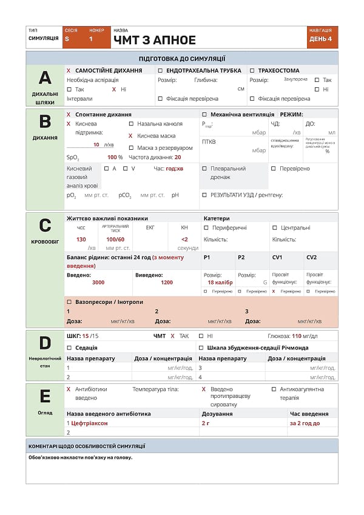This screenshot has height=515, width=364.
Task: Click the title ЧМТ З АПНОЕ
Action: click(155, 41)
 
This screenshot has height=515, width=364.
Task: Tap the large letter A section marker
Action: click(45, 78)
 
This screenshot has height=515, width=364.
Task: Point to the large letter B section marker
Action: click(45, 121)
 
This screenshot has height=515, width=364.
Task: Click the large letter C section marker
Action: click(45, 226)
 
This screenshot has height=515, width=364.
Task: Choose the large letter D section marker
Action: click(45, 343)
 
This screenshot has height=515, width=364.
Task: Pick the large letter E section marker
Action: click(45, 396)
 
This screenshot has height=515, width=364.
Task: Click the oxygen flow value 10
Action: click(96, 144)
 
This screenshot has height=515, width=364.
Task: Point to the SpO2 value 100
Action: click(112, 157)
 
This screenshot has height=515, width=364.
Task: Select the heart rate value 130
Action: click(81, 240)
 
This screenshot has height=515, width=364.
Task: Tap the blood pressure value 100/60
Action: click(115, 240)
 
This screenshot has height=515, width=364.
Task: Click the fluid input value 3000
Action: click(98, 283)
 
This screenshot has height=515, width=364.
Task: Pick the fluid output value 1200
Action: click(167, 283)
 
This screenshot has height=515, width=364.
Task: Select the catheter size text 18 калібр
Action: click(220, 283)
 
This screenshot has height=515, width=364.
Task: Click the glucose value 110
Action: click(297, 335)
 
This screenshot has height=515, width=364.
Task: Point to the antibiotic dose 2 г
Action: click(206, 423)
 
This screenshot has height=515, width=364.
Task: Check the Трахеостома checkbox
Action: click(252, 70)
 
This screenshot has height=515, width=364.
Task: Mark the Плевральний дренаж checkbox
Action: click(204, 169)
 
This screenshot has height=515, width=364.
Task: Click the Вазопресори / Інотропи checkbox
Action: click(69, 301)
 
